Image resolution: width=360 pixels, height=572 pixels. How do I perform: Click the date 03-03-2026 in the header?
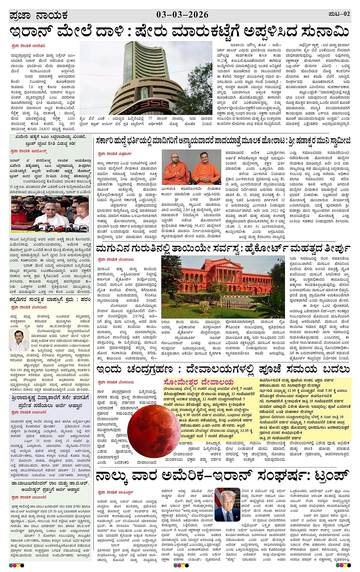(182, 15)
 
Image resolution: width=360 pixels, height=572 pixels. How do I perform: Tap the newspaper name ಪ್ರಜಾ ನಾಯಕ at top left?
(38, 16)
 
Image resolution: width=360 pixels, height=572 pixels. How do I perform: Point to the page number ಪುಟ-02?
(339, 14)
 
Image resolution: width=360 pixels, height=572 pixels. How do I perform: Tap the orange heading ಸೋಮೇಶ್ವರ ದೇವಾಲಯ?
(198, 382)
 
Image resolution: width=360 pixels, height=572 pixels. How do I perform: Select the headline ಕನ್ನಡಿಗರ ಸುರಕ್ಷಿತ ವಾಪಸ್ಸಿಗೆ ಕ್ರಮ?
(50, 300)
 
